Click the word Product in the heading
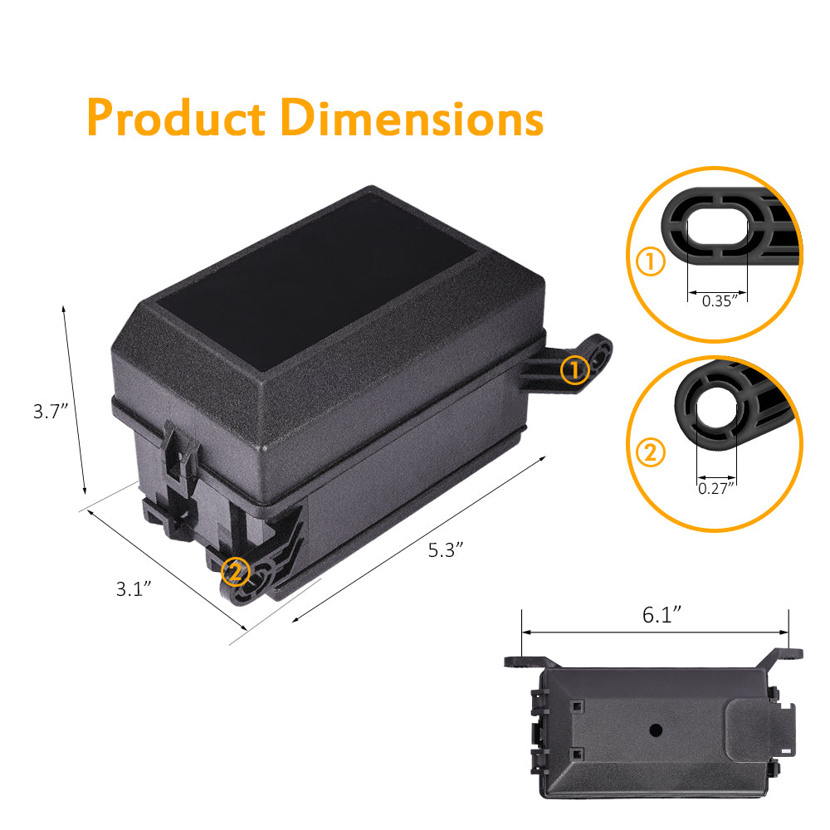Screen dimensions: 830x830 176,118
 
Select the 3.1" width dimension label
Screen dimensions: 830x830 134,589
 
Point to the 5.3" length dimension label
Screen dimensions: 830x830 445,549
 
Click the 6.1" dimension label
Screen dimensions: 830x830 662,614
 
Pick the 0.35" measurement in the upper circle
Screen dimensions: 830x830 719,301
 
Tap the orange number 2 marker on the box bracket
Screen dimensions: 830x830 236,571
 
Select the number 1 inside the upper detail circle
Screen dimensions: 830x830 651,262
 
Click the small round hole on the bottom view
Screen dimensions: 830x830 656,730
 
